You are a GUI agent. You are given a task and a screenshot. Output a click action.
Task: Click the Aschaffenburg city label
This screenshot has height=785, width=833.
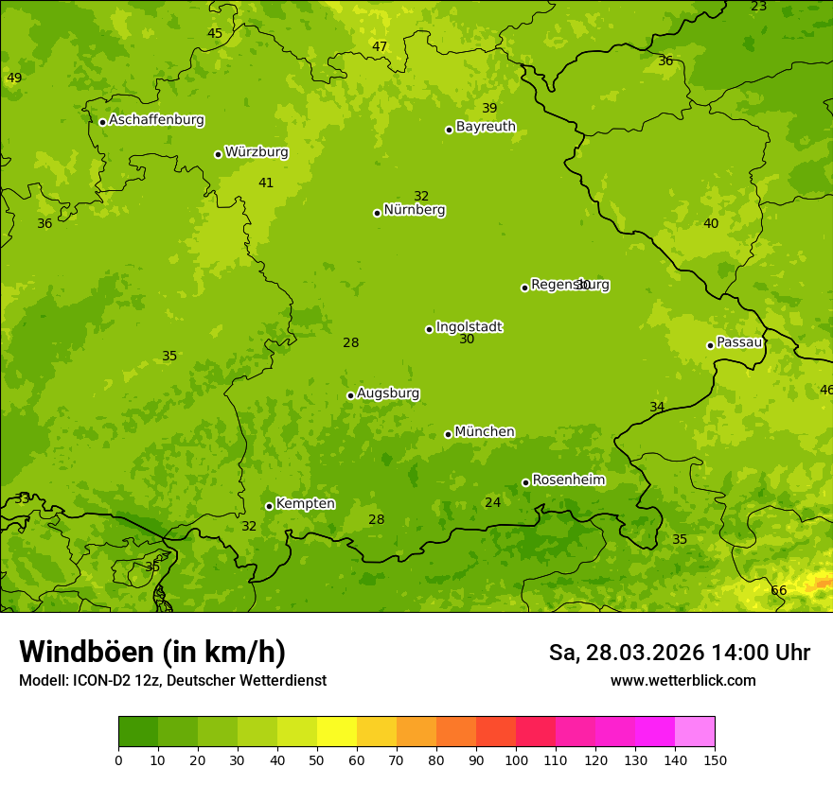[156, 120]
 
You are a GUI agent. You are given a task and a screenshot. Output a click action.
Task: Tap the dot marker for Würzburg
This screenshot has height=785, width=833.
[218, 154]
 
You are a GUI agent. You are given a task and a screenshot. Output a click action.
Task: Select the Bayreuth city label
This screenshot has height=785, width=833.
[486, 127]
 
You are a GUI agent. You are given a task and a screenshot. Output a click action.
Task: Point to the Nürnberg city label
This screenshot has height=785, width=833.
[414, 210]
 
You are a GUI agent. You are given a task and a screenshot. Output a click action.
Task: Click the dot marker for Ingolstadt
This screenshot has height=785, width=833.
[429, 329]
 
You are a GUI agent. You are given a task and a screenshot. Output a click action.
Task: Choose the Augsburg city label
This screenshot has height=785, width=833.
[388, 393]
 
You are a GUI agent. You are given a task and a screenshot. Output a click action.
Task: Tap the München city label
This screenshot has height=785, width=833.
[485, 432]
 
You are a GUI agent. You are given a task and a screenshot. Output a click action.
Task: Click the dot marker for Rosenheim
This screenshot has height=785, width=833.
[525, 482]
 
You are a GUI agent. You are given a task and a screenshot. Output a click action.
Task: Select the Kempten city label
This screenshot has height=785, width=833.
[305, 504]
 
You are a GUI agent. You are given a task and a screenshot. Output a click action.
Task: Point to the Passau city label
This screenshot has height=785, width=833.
[738, 342]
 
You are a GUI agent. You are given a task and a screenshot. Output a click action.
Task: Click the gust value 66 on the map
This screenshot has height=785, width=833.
[778, 591]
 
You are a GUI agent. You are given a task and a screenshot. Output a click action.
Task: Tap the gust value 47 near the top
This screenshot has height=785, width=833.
[380, 47]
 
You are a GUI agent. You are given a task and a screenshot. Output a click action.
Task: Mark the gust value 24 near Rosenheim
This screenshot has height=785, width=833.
[492, 503]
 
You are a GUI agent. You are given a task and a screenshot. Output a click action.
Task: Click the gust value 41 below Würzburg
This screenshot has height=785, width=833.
[266, 183]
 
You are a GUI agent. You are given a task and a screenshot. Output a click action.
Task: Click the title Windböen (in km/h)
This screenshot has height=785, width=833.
[152, 652]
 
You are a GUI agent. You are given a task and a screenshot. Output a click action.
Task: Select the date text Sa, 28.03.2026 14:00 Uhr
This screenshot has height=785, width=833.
[679, 653]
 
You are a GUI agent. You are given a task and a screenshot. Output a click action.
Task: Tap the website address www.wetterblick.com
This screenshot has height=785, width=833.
[682, 680]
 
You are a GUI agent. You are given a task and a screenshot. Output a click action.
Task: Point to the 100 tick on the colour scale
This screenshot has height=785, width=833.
[516, 759]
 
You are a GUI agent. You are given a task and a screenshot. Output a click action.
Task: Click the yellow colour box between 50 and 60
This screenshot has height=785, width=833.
[337, 732]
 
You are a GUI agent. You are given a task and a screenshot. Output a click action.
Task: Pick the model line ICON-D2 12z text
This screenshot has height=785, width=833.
[172, 680]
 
